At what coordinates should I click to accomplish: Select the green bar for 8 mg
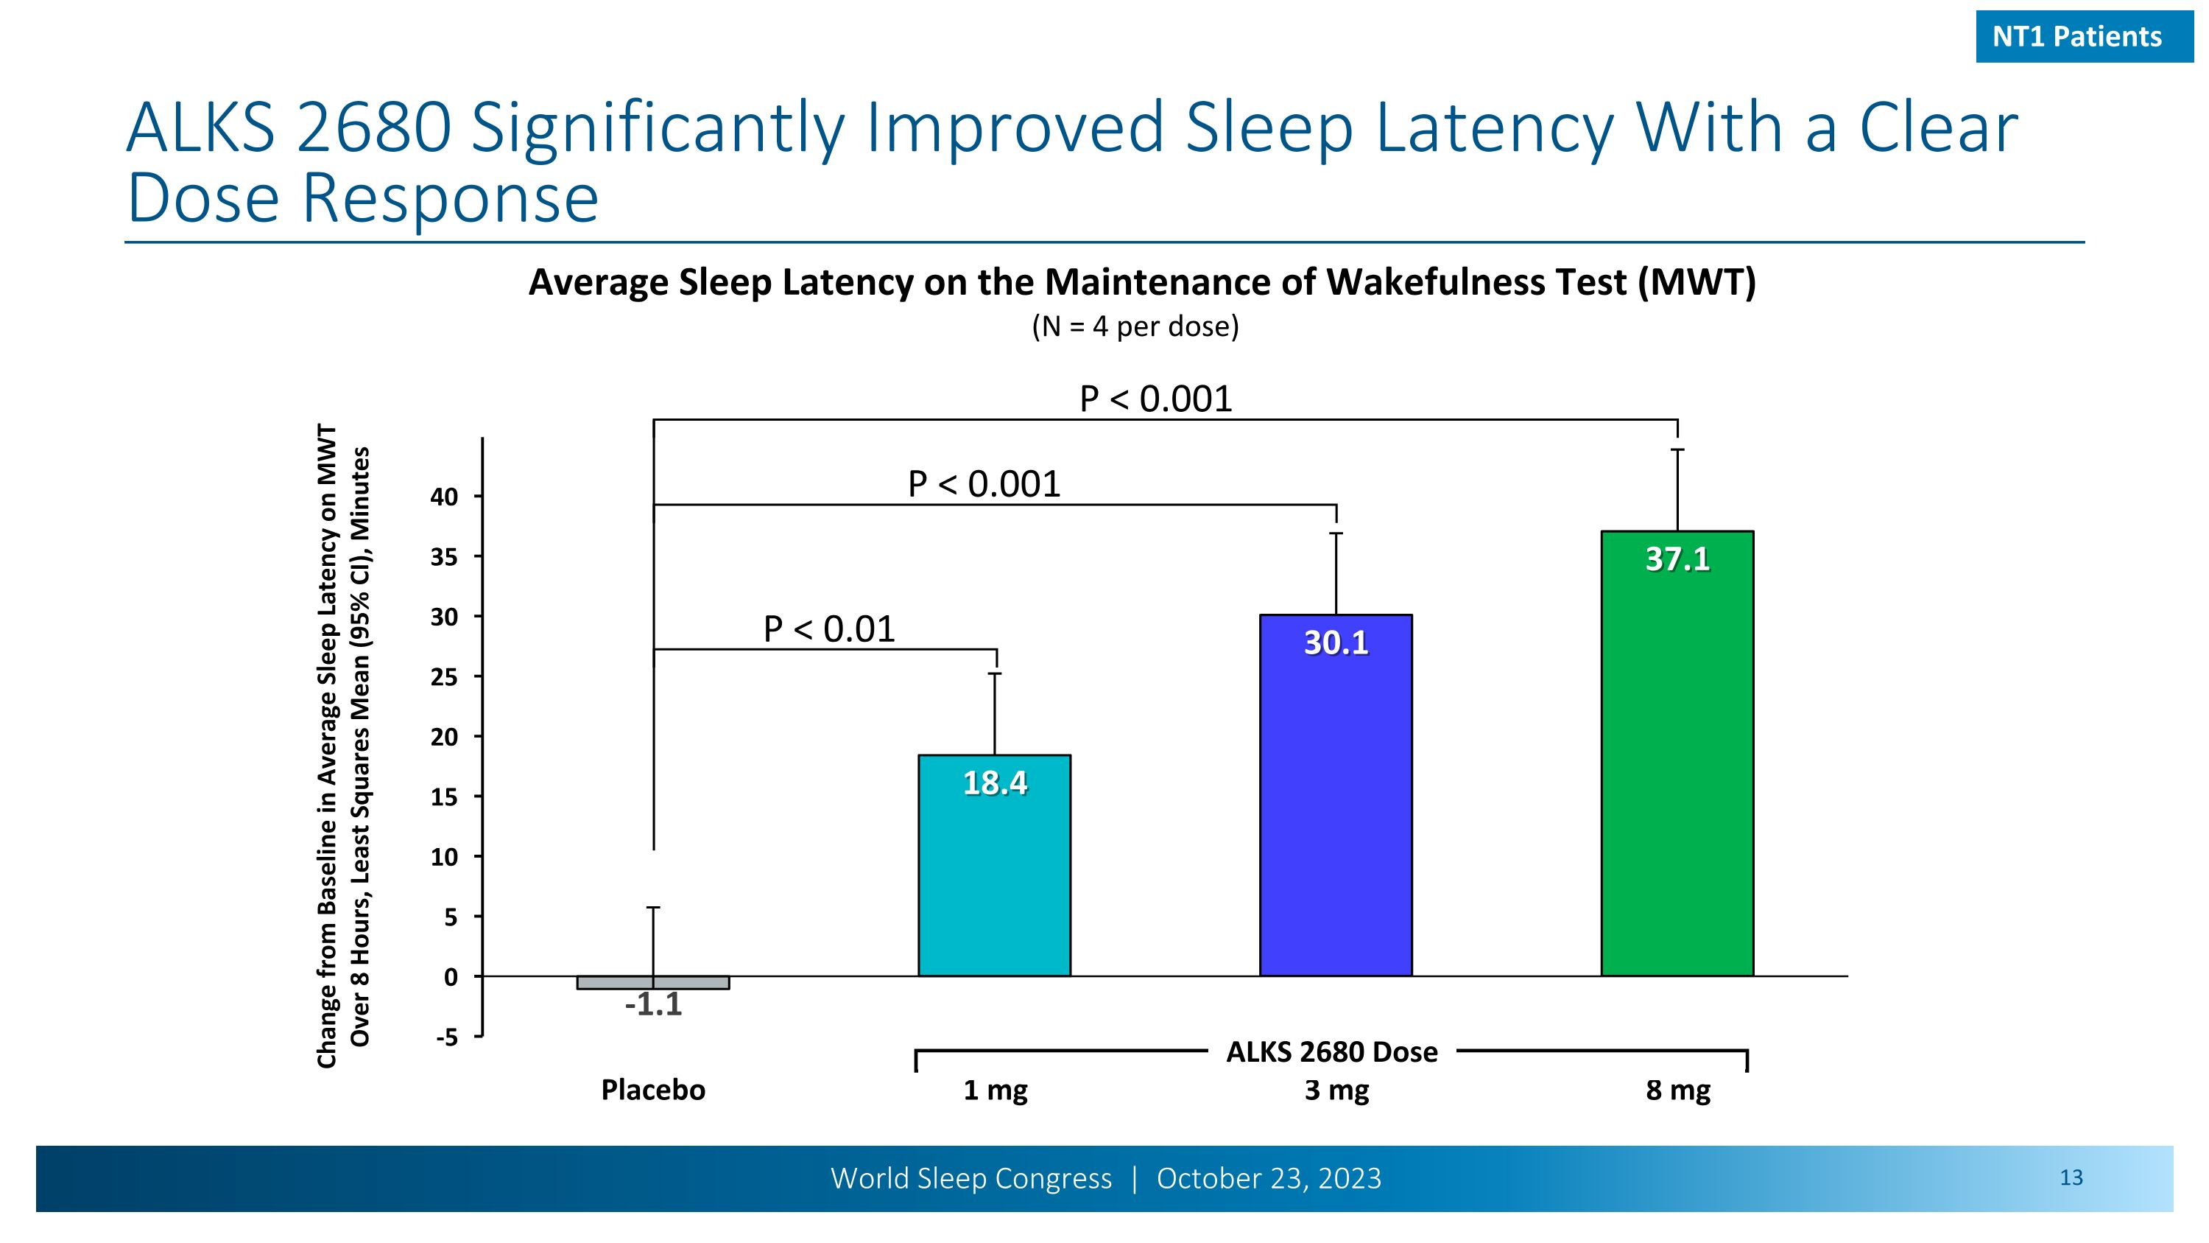click(1677, 772)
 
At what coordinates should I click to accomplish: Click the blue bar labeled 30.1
click(1335, 815)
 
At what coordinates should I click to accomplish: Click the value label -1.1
click(652, 1004)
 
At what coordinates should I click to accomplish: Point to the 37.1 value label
click(1677, 559)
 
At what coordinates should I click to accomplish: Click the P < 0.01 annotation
click(828, 630)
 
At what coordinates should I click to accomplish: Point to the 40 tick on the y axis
click(444, 497)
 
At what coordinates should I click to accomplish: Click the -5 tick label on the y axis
click(447, 1037)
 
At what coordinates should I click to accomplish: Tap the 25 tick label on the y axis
click(444, 677)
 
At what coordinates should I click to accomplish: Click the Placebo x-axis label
click(652, 1090)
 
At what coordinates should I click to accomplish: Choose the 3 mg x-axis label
click(1336, 1090)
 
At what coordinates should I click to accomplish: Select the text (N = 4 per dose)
click(1135, 327)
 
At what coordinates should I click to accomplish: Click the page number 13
click(2070, 1178)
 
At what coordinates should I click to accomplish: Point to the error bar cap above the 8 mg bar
click(1677, 449)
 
